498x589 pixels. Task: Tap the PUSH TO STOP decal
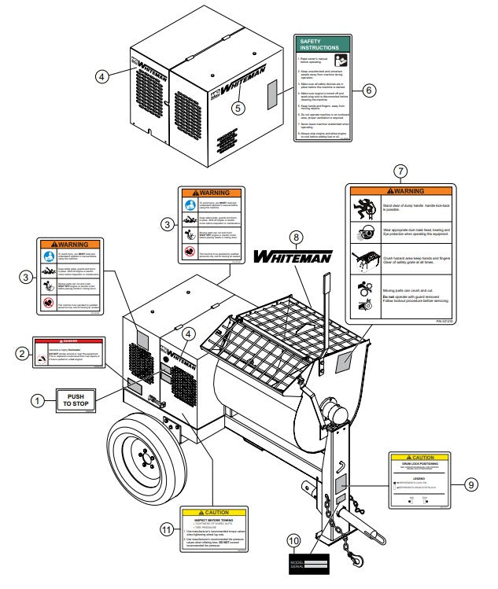point(76,400)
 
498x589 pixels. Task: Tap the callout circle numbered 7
point(400,171)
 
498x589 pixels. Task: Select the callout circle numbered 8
point(295,237)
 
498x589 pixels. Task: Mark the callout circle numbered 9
point(471,484)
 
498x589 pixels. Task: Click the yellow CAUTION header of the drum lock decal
point(419,457)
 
